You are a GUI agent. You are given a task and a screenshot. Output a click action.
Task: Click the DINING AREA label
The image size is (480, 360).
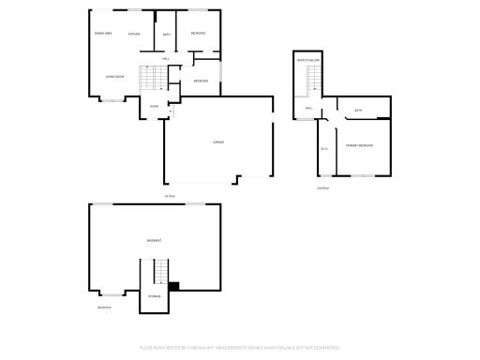[103, 34]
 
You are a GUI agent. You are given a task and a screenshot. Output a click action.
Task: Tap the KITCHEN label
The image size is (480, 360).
[134, 34]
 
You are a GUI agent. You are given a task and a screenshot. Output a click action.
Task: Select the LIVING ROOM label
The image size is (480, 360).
[114, 76]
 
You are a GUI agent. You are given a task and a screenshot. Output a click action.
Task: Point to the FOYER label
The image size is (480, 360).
[154, 106]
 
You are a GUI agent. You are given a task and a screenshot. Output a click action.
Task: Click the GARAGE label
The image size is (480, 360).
[218, 142]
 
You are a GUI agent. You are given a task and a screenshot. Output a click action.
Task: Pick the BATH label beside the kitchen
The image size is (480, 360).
[167, 35]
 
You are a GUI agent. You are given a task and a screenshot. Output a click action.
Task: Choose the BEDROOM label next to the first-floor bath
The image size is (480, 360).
[198, 34]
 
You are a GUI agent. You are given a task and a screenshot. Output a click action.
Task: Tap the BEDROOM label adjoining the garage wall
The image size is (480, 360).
[202, 81]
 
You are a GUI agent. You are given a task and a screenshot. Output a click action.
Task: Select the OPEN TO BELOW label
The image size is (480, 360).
[308, 59]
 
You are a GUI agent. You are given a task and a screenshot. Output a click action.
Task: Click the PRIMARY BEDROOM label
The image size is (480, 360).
[359, 145]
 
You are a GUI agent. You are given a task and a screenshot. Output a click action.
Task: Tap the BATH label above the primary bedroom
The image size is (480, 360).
[358, 111]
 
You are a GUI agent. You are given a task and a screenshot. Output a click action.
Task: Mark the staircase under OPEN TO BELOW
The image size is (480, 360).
[308, 84]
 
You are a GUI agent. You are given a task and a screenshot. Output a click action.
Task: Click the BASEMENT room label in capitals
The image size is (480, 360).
[154, 240]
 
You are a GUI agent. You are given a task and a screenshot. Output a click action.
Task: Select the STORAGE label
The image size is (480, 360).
[154, 296]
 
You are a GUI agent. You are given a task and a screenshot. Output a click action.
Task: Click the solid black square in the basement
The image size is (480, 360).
[173, 286]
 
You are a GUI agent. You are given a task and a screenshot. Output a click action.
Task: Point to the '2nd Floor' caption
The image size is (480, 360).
[322, 187]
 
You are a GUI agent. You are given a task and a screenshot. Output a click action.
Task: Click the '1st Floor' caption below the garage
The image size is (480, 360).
[170, 196]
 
